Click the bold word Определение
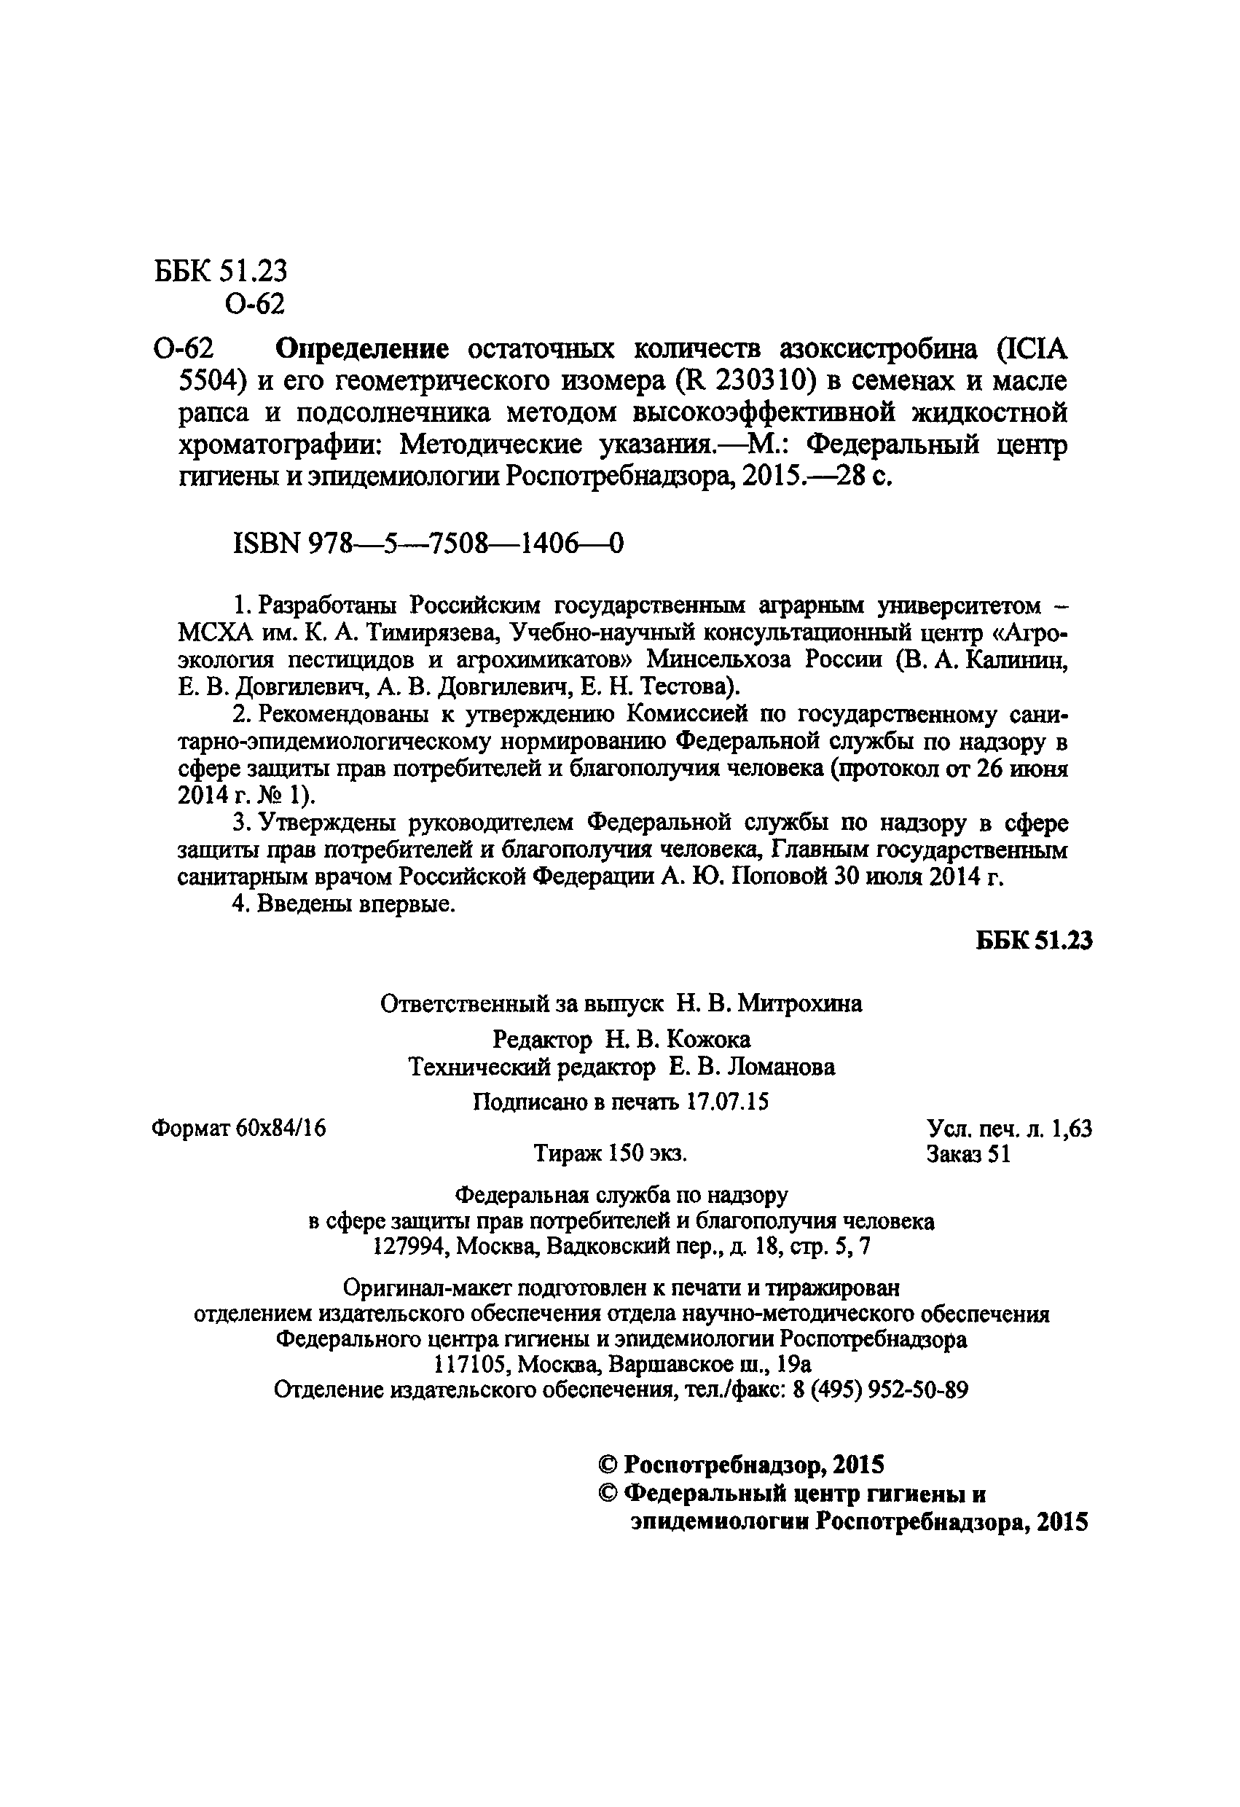coord(362,349)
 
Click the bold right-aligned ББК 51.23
coord(1034,941)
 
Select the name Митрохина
coord(799,1004)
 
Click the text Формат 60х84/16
coord(239,1128)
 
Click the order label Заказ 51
coord(968,1155)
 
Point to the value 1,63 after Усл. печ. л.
coord(1071,1128)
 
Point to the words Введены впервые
coord(356,904)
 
